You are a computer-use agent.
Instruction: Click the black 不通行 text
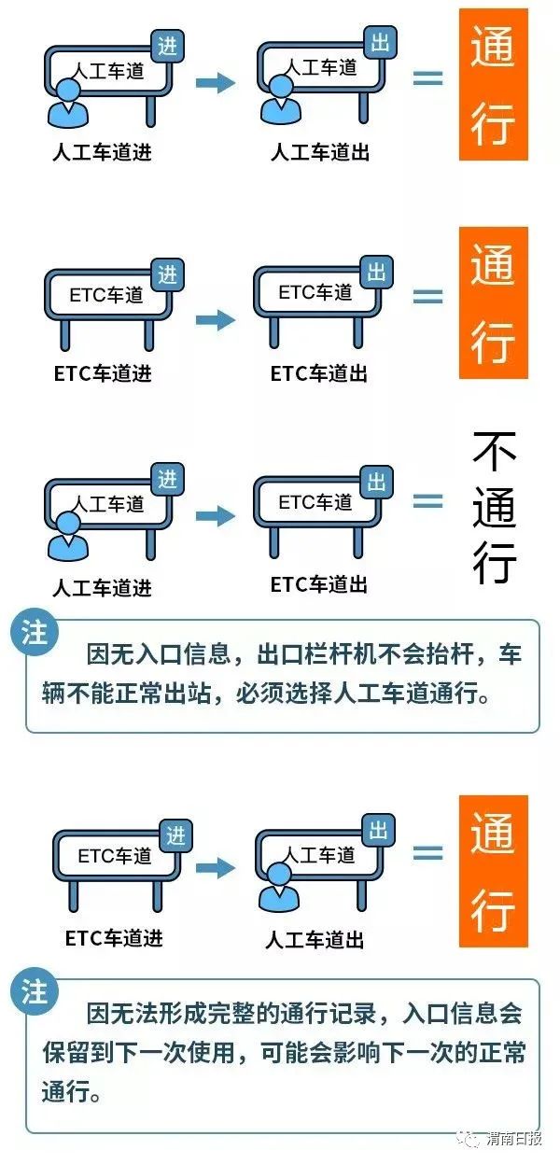click(494, 508)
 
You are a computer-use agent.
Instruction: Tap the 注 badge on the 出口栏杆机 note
click(35, 634)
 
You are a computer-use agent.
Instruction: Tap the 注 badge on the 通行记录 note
click(35, 992)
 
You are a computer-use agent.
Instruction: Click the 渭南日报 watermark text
click(513, 1139)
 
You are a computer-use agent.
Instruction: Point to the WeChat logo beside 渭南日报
click(471, 1139)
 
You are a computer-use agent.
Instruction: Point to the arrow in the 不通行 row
click(216, 515)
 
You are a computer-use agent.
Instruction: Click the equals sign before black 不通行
click(427, 501)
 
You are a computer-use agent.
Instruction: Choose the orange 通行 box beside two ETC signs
click(493, 303)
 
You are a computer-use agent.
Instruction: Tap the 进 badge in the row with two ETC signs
click(167, 274)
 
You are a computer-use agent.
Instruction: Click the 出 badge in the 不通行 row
click(377, 482)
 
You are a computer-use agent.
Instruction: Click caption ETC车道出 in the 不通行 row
click(318, 584)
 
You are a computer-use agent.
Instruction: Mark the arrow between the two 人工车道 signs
click(216, 83)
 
